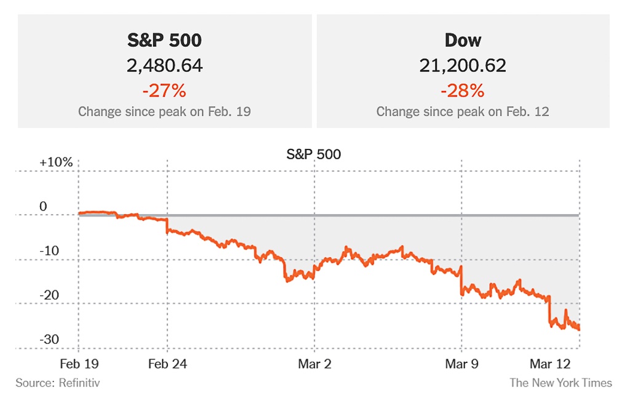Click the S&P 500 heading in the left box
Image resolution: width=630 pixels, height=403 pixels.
(164, 41)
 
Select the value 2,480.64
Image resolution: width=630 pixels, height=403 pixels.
(164, 66)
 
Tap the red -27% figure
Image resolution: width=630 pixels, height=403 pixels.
(164, 91)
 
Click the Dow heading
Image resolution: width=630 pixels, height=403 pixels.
(463, 41)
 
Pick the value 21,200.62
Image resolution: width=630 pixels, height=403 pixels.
(463, 66)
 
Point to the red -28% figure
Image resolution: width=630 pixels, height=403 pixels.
(463, 91)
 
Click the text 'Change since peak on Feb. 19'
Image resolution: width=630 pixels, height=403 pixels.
(164, 112)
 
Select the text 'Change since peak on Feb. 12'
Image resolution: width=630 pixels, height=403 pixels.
(463, 112)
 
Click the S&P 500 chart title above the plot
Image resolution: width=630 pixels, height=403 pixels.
(314, 154)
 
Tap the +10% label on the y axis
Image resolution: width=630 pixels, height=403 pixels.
(56, 162)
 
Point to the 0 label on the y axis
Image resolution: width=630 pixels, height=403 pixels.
(43, 207)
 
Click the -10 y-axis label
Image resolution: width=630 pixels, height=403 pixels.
(49, 251)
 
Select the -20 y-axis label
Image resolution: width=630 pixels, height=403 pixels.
(49, 295)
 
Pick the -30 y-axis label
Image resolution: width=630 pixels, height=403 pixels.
(49, 340)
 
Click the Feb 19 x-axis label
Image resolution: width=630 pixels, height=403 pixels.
(79, 364)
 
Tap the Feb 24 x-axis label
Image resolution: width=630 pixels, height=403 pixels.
(167, 364)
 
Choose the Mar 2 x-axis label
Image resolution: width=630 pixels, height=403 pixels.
(314, 364)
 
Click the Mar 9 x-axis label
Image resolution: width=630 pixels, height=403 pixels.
(461, 364)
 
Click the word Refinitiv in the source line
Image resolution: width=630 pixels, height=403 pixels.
(79, 383)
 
